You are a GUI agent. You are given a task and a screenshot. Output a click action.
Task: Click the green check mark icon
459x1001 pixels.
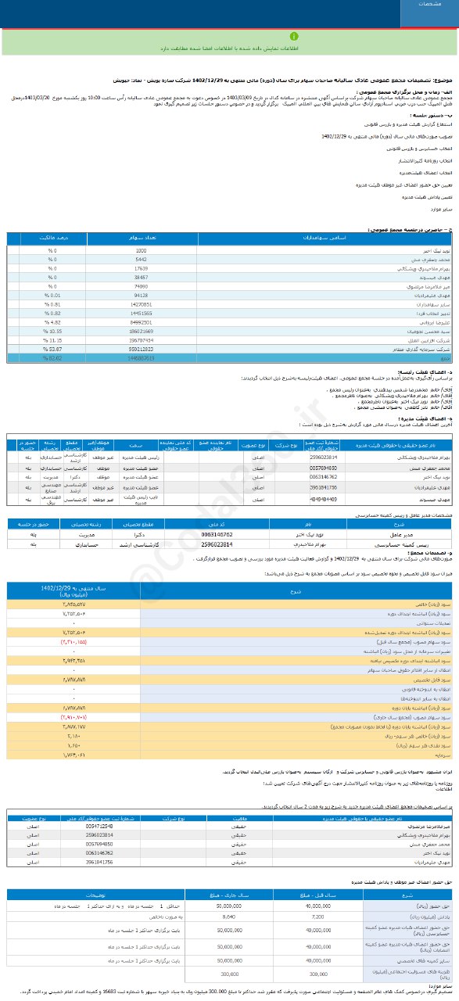click(229, 36)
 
